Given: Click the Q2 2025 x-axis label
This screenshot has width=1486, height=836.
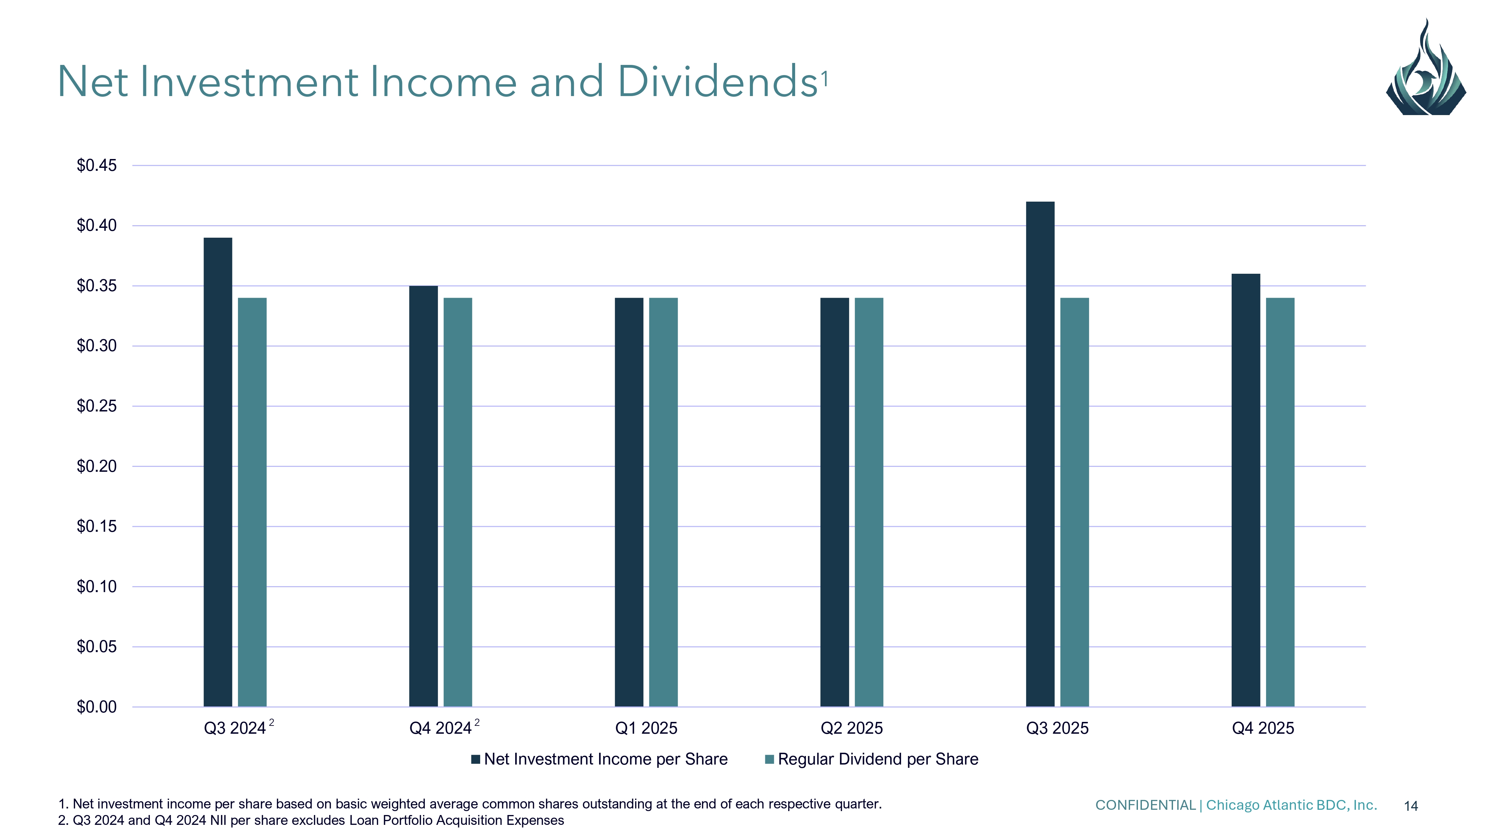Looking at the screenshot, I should pos(851,728).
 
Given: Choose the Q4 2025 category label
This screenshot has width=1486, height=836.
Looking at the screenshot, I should pos(1263,728).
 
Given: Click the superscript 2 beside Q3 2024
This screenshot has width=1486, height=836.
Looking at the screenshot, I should pos(272,722).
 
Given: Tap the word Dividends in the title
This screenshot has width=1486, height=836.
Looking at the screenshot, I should pos(718,82).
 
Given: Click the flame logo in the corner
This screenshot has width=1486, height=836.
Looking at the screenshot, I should pos(1425,69).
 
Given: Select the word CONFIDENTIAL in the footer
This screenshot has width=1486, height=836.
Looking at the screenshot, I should pos(1145,806).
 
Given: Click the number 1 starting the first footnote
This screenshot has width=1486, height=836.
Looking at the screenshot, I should pos(62,804).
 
